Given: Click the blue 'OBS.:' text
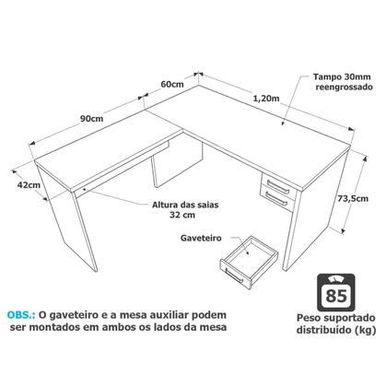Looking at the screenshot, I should click(x=24, y=311).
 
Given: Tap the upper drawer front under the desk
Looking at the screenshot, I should click(x=276, y=182).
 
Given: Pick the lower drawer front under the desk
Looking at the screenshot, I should click(x=276, y=196).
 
